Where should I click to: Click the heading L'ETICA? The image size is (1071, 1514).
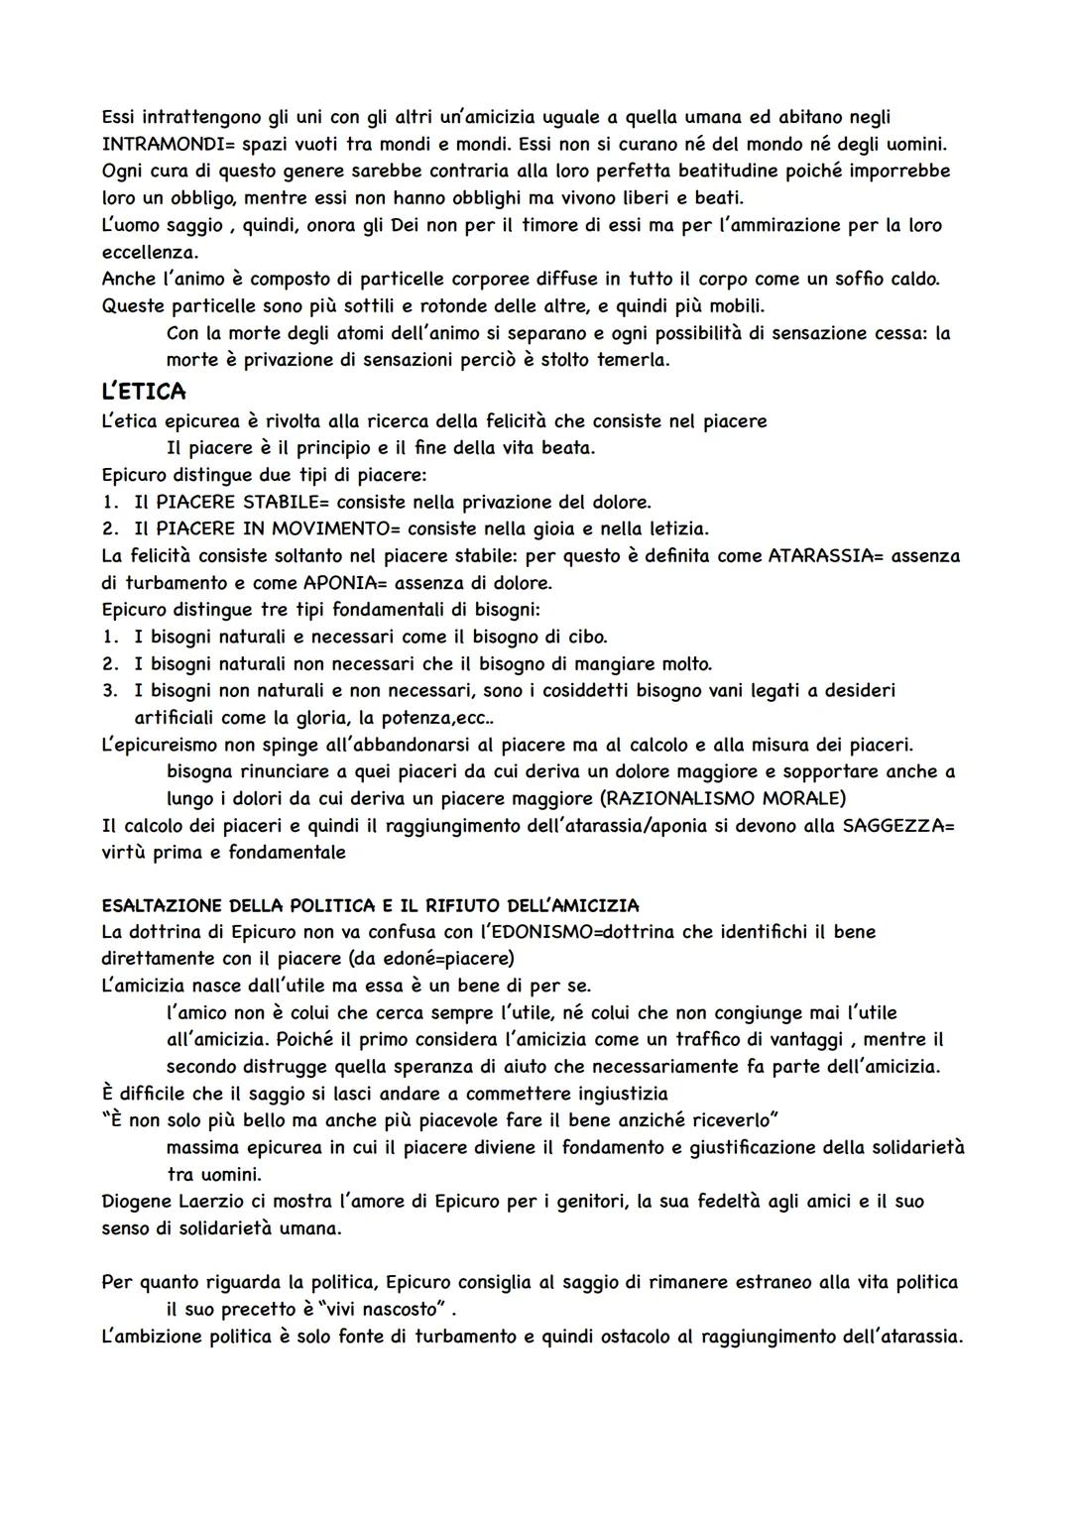click(x=144, y=393)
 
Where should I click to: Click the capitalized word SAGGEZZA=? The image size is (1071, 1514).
click(x=898, y=826)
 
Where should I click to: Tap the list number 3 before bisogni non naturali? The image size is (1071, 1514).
click(x=110, y=690)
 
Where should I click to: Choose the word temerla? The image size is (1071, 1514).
click(x=632, y=360)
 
